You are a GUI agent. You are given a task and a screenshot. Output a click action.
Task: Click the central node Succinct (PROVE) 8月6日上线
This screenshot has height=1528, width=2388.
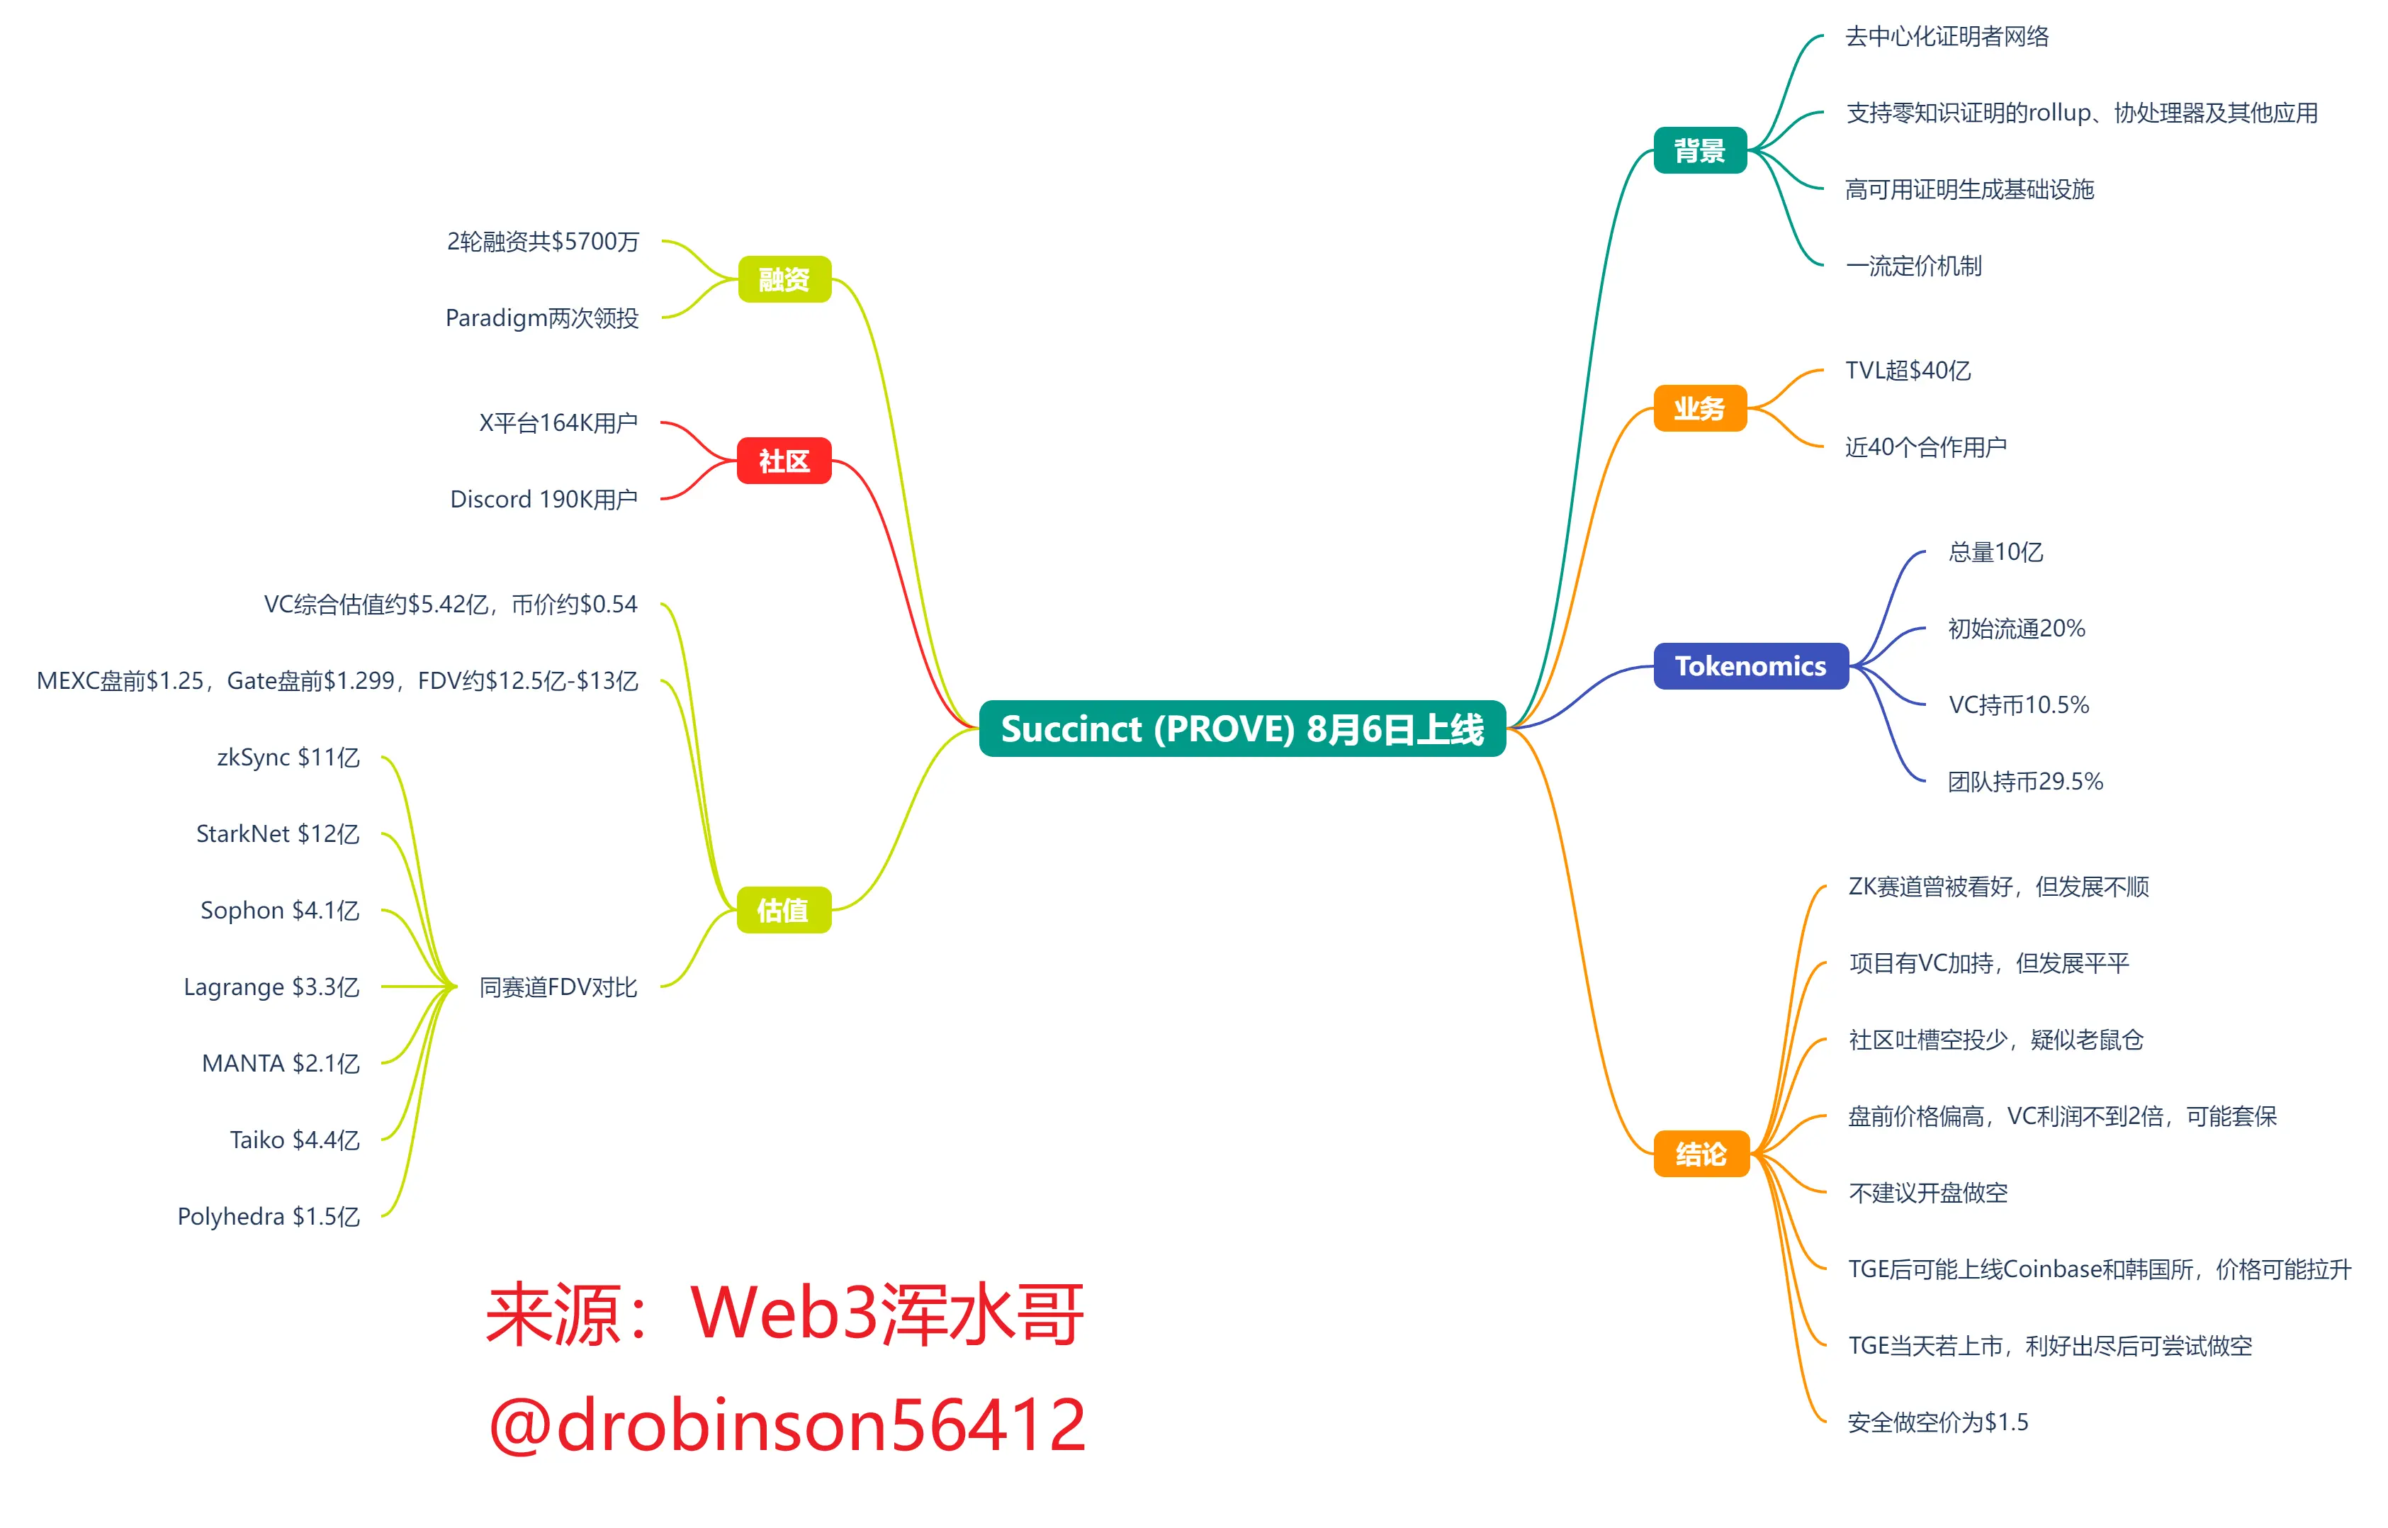click(x=1241, y=729)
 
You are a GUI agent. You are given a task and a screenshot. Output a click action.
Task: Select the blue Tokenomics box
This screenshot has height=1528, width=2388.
click(x=1750, y=665)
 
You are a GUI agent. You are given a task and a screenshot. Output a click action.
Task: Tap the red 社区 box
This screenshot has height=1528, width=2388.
click(x=784, y=461)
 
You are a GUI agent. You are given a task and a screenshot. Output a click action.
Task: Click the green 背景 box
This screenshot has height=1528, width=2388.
click(x=1699, y=151)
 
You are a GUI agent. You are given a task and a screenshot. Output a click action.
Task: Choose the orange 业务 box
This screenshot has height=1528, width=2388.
click(x=1699, y=408)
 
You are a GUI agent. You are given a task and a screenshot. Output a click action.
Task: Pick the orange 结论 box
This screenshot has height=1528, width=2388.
click(x=1701, y=1154)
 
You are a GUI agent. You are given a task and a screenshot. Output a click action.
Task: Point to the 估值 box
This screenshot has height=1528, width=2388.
click(x=783, y=910)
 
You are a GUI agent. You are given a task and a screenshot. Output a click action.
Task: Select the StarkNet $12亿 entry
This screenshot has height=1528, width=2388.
click(x=278, y=834)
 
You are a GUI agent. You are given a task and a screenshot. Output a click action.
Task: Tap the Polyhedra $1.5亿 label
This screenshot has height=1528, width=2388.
click(x=268, y=1216)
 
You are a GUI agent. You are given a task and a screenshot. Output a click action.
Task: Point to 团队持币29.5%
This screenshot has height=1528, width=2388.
click(x=2025, y=782)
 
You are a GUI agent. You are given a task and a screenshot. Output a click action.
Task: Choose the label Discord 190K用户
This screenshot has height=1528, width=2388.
click(x=544, y=499)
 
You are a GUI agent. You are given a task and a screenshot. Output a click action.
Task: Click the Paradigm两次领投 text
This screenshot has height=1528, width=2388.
click(x=541, y=318)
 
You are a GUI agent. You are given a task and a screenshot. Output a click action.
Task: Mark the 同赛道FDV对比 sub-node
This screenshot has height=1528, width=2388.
click(x=558, y=987)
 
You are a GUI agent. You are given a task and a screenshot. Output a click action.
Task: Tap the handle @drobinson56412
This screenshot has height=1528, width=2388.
click(x=787, y=1424)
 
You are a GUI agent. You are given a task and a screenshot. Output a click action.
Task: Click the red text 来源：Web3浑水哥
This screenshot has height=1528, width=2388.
click(x=784, y=1314)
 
